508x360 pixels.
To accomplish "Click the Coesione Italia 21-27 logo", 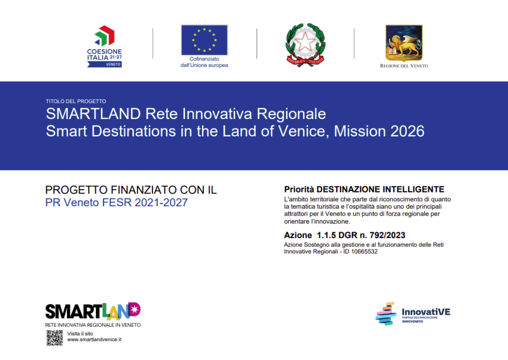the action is click(104, 46).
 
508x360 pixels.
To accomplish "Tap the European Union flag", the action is click(204, 40).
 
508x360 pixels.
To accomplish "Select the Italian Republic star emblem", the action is click(305, 45).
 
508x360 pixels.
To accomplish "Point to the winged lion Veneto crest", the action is click(404, 43).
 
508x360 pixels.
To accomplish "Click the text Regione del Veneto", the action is click(404, 66).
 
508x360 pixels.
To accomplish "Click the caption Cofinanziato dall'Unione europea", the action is click(204, 62).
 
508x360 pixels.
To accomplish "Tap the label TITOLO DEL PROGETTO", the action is click(76, 101).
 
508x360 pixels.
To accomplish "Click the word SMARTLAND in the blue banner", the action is click(93, 114).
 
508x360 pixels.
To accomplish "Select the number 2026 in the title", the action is click(407, 131).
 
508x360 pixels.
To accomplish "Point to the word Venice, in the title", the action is click(304, 131).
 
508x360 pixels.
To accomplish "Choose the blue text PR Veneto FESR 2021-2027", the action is click(117, 202).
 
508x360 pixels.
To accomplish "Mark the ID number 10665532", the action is click(365, 251).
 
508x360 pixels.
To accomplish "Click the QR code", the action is click(55, 338).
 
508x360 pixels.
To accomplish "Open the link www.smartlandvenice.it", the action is click(94, 340).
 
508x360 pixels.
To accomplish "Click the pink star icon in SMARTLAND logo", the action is click(135, 309).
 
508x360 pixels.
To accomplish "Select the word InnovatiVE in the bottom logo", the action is click(426, 312).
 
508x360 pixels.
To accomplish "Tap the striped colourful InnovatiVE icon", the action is click(386, 313).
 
